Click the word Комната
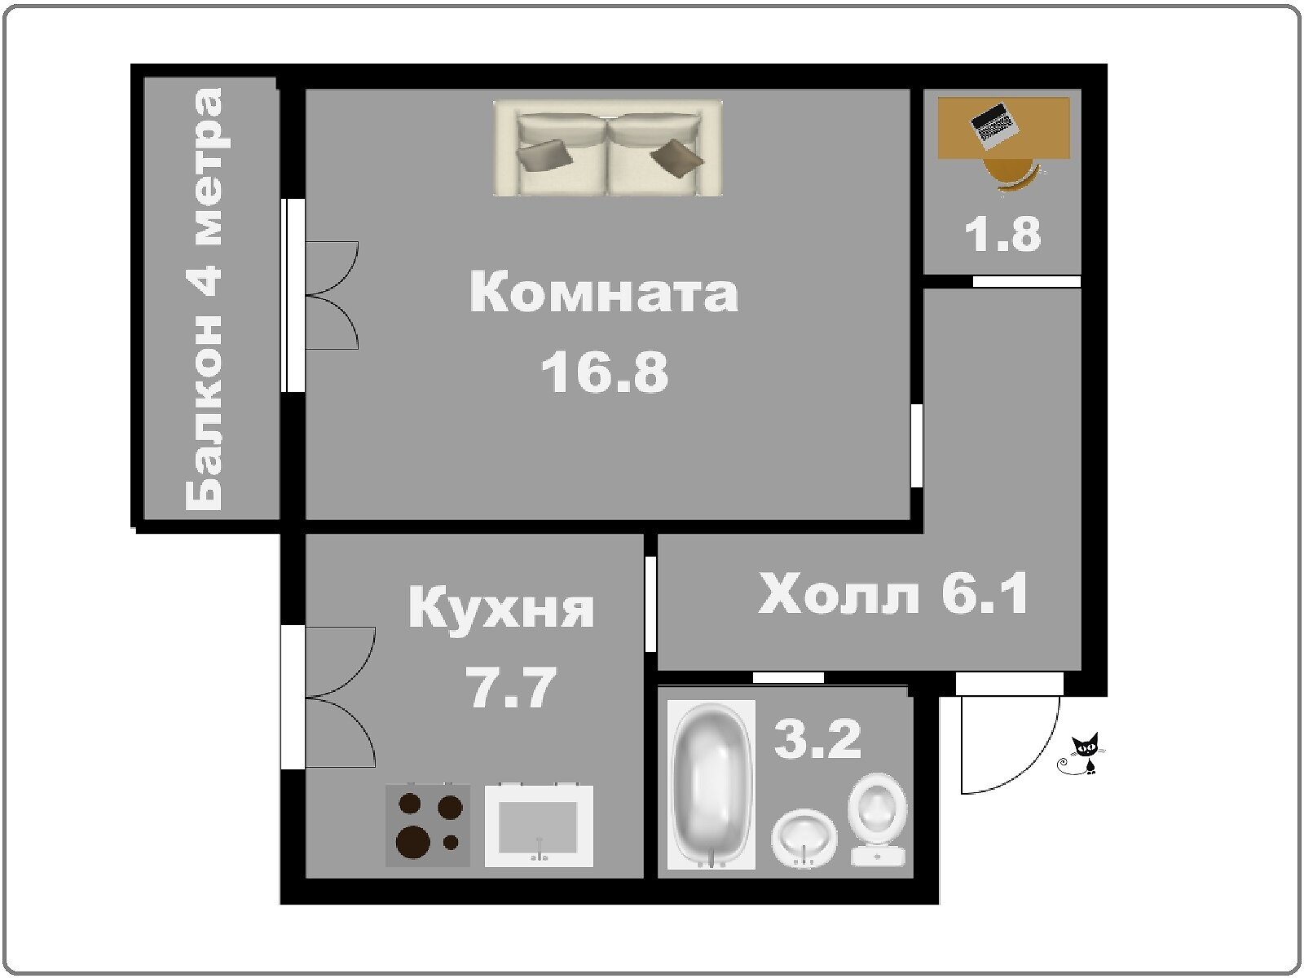(x=604, y=292)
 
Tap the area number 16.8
(x=605, y=372)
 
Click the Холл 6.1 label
(x=893, y=593)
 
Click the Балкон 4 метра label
(x=204, y=298)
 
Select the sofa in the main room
(x=608, y=148)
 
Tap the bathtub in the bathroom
(x=711, y=784)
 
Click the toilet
(x=878, y=819)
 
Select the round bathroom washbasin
(x=804, y=838)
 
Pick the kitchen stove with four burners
(x=428, y=826)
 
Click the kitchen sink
(x=539, y=826)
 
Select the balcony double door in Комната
(x=332, y=295)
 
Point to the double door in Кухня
(x=340, y=697)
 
